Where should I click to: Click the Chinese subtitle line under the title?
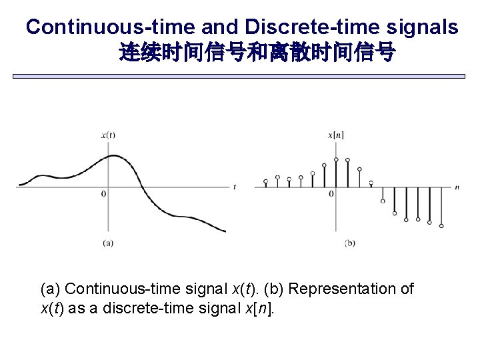click(257, 53)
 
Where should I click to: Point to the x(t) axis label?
click(108, 135)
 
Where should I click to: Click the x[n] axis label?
click(335, 135)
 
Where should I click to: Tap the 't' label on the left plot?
click(235, 187)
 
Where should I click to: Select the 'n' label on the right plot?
click(457, 187)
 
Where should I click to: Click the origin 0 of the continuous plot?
click(103, 194)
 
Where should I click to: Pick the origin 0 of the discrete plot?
click(331, 194)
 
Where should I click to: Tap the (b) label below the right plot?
click(350, 243)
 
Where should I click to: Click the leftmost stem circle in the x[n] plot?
click(266, 181)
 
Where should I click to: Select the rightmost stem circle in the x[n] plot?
click(441, 226)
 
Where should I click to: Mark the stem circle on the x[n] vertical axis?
click(336, 159)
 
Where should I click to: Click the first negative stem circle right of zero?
click(383, 201)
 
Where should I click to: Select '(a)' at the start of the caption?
click(51, 289)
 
